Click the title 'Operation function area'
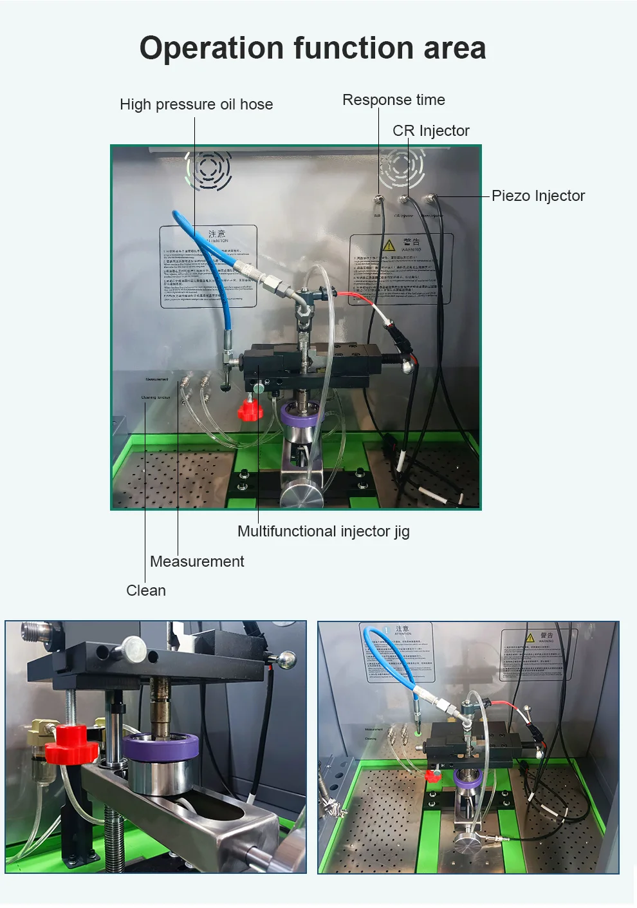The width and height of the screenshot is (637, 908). [313, 48]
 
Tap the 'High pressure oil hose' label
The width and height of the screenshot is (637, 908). [196, 104]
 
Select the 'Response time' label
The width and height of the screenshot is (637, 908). [393, 100]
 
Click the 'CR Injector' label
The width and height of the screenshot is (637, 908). [431, 131]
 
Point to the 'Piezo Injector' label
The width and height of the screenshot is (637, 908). [538, 196]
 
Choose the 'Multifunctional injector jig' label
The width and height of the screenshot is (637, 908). [323, 531]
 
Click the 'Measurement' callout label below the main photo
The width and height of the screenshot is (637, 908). [197, 562]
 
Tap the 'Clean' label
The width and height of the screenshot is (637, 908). [146, 591]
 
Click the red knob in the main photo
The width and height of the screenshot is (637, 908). [248, 410]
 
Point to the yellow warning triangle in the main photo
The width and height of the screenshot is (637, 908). [389, 245]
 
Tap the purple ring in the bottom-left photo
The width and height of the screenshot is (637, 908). [161, 748]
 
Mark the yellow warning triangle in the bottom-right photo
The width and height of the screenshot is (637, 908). [530, 638]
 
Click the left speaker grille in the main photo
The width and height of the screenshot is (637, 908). [208, 169]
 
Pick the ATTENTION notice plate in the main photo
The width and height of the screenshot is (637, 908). [208, 267]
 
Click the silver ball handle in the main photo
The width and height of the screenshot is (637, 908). [409, 366]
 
